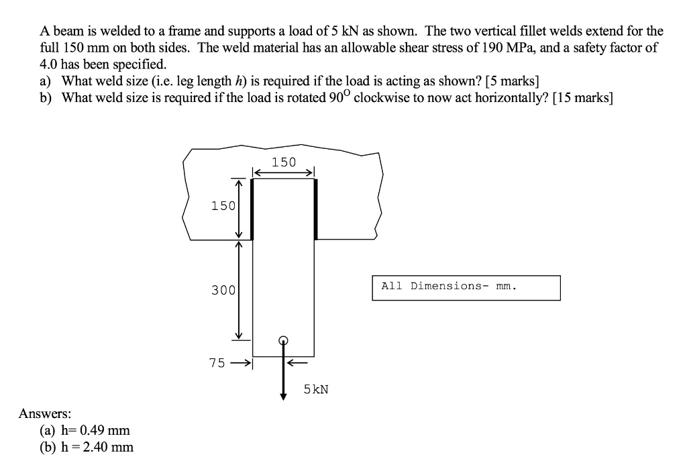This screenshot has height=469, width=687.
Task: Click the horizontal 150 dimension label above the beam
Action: coord(284,162)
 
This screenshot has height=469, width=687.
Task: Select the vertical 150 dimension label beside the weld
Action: coord(223,206)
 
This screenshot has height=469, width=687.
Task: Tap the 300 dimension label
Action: coord(223,291)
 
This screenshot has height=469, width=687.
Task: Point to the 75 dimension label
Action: coord(217,363)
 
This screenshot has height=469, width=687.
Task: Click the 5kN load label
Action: coord(316,388)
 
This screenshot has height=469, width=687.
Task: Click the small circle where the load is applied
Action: coord(284,340)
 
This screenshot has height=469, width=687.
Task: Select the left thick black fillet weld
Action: coord(252,209)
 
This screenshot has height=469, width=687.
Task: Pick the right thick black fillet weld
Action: coord(315,209)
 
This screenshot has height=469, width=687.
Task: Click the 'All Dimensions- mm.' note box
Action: coord(466,287)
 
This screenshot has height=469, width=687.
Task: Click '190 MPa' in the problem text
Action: coord(530,48)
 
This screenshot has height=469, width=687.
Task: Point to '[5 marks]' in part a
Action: coord(511,81)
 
